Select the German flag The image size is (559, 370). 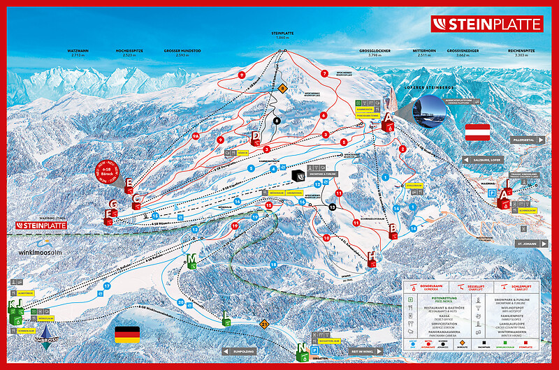pyautogui.click(x=128, y=334)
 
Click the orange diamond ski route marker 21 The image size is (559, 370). pyautogui.click(x=263, y=324)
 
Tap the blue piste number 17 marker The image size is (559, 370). pyautogui.click(x=107, y=286)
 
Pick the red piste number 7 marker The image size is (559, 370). pyautogui.click(x=324, y=73)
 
